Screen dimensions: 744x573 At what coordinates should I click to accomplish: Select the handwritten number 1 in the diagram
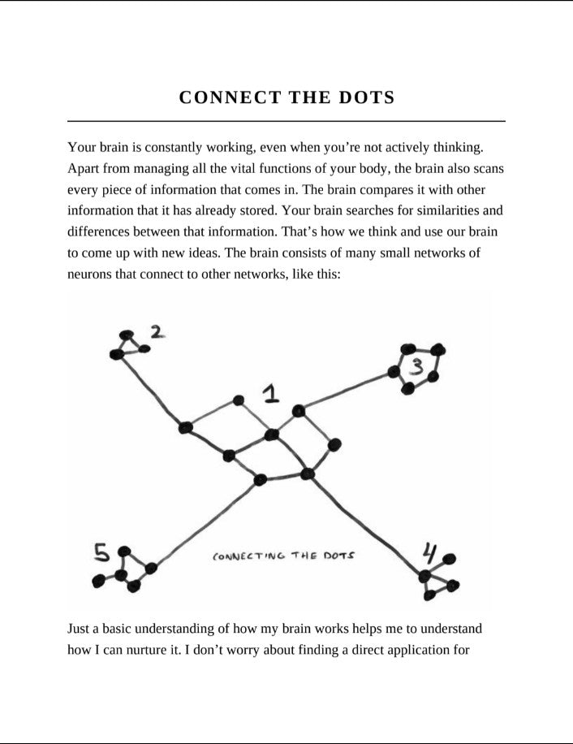coord(271,396)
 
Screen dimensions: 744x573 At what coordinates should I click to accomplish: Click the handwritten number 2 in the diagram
coord(157,331)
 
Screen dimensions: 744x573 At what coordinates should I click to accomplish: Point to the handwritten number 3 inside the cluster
coord(417,367)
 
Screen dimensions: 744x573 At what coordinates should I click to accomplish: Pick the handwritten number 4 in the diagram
coord(429,554)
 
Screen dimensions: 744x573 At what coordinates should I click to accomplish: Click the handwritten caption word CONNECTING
coord(249,557)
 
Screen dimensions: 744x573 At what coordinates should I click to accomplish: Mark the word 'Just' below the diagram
coord(79,629)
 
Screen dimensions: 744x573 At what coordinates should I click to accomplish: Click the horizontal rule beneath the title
coord(286,121)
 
